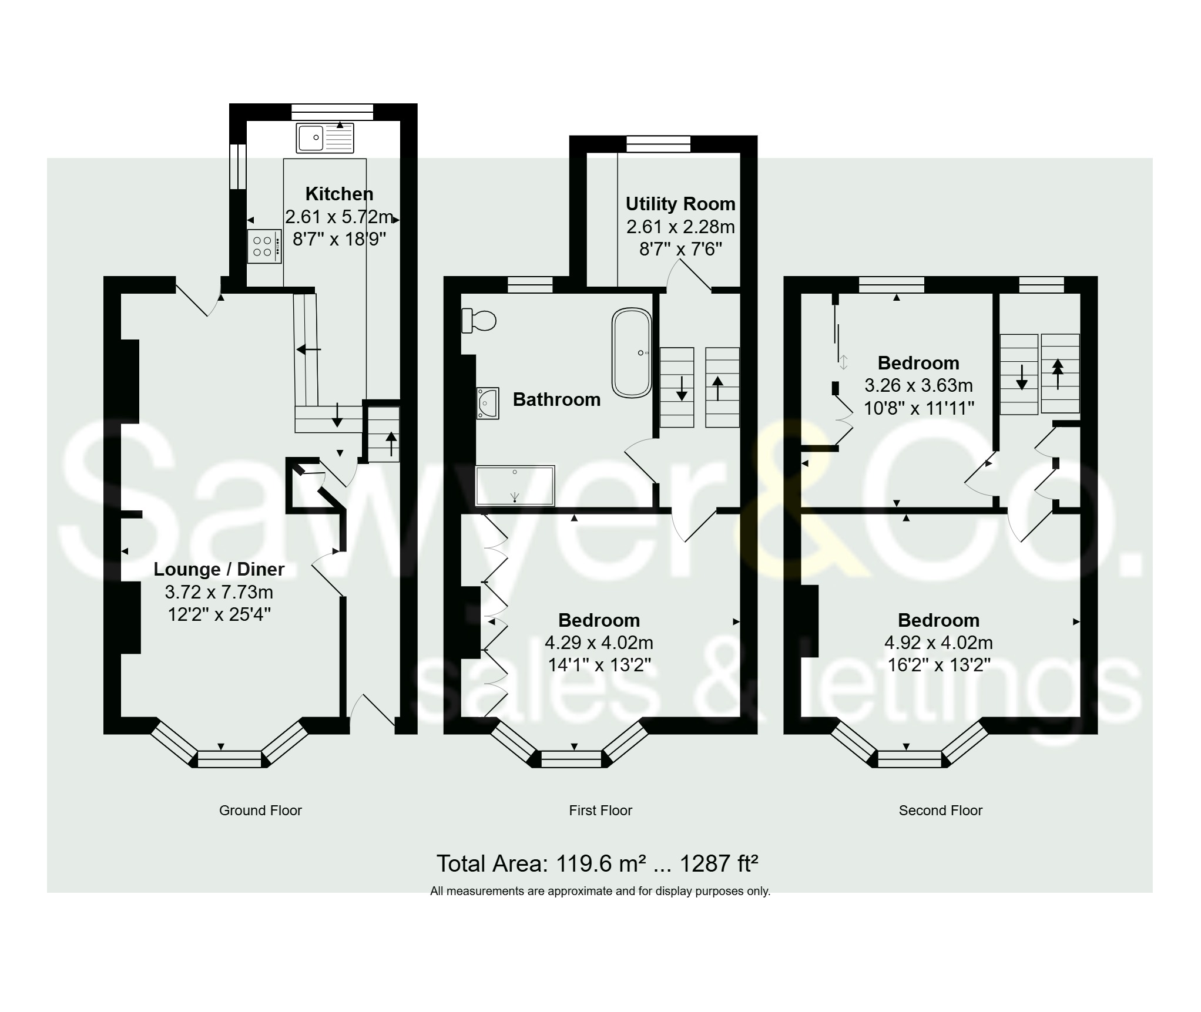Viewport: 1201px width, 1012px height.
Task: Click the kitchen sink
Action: click(325, 138)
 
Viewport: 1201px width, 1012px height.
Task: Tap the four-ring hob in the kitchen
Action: click(264, 247)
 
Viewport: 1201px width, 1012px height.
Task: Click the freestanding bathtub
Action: click(632, 352)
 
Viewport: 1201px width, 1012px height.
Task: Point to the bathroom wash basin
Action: click(488, 402)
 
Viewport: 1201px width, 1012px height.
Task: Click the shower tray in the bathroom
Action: click(515, 486)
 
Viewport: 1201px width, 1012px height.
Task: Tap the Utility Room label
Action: click(680, 204)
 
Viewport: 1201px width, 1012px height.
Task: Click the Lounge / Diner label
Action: click(219, 569)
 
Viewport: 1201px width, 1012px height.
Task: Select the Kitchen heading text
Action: click(339, 194)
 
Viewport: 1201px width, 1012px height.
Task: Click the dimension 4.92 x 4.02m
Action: click(938, 643)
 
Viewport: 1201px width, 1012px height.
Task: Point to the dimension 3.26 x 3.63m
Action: click(918, 385)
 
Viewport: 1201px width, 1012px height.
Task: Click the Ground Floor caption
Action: click(260, 811)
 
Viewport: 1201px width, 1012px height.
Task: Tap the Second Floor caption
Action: click(940, 811)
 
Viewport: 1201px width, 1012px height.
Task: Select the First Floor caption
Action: click(600, 811)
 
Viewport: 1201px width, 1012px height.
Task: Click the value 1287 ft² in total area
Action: click(719, 864)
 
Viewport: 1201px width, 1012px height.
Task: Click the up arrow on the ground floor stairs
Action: click(391, 443)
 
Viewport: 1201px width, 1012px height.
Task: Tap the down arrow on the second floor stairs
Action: click(1021, 378)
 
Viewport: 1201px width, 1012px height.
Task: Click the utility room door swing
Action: click(689, 276)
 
